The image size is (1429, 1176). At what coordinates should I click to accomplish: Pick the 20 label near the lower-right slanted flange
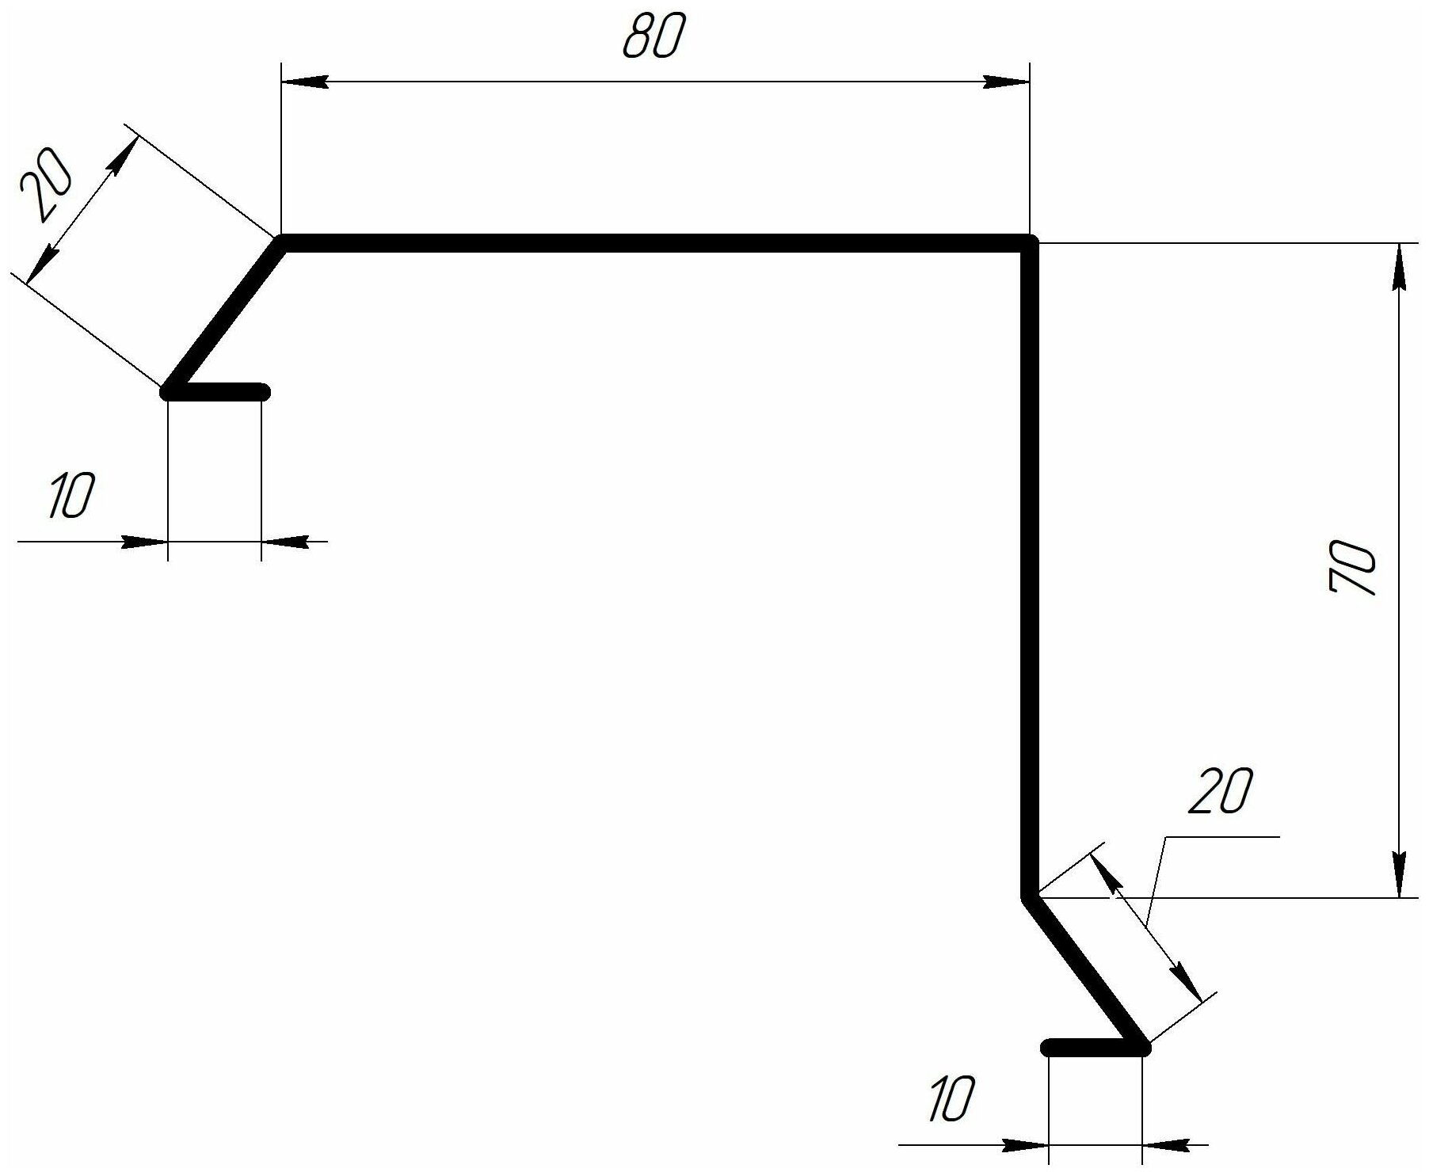(1221, 790)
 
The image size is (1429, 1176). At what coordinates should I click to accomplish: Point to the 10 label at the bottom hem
(950, 1099)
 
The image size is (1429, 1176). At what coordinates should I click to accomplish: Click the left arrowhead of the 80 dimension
(305, 82)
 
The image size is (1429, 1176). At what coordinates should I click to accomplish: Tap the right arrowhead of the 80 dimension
(1006, 82)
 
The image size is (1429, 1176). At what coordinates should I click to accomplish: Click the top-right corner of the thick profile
(1029, 243)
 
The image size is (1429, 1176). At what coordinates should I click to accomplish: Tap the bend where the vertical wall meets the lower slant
(1029, 897)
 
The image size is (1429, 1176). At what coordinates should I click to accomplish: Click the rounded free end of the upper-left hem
(263, 391)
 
